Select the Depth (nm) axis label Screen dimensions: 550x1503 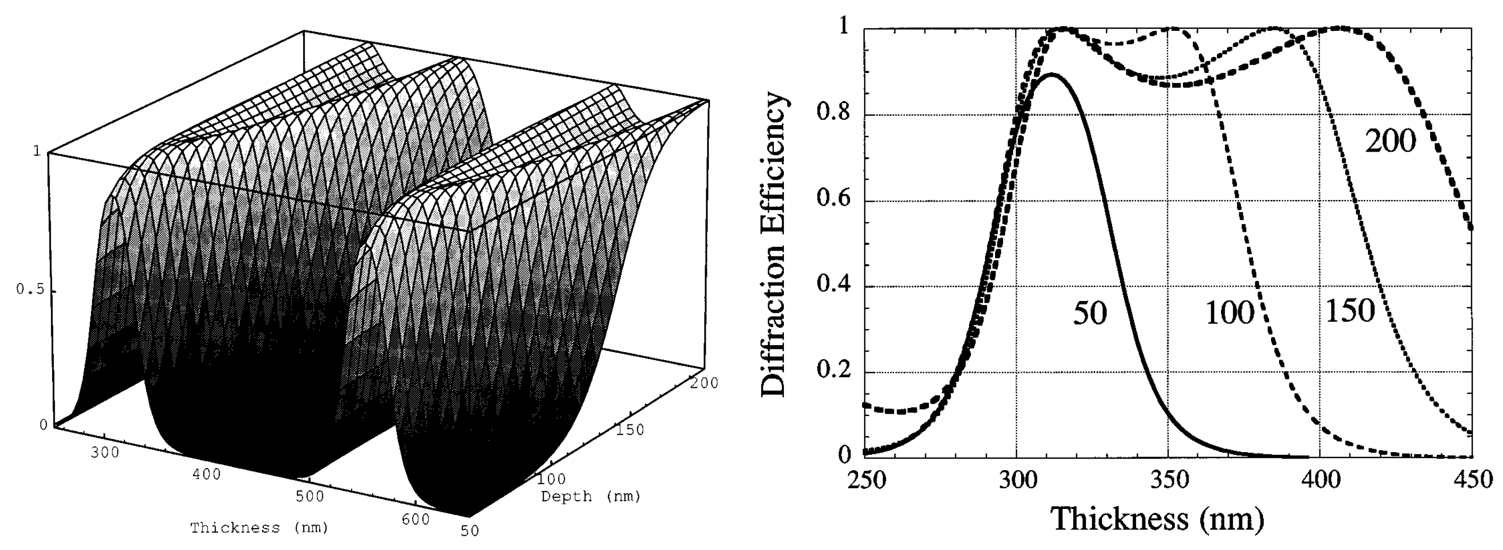pos(590,497)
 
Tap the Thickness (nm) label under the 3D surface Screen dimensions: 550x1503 pos(259,528)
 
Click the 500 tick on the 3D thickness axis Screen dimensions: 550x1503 pos(309,496)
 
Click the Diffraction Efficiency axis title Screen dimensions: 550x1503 pos(775,244)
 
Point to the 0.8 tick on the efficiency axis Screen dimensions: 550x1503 pos(834,113)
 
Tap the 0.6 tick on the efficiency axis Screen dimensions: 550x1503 pos(834,199)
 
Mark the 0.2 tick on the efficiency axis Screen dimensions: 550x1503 pos(834,371)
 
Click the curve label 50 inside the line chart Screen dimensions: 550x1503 pos(1090,314)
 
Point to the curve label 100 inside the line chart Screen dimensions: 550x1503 pos(1229,314)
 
